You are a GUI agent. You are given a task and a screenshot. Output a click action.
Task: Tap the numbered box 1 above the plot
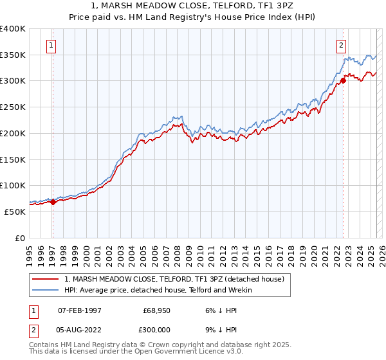pyautogui.click(x=51, y=45)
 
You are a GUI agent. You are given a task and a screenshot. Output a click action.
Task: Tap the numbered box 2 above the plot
pyautogui.click(x=341, y=45)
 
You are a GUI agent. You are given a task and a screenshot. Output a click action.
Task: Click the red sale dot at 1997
pyautogui.click(x=53, y=202)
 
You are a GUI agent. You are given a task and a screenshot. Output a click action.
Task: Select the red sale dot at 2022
pyautogui.click(x=343, y=81)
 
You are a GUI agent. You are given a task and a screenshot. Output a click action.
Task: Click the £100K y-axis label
pyautogui.click(x=13, y=185)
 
